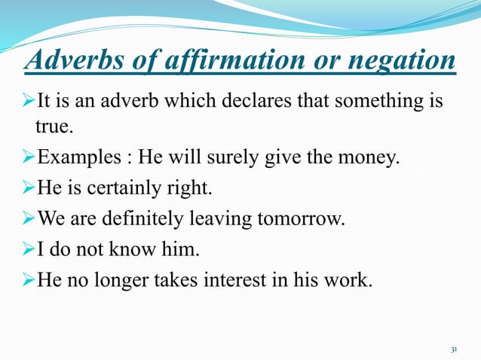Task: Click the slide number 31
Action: click(454, 350)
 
